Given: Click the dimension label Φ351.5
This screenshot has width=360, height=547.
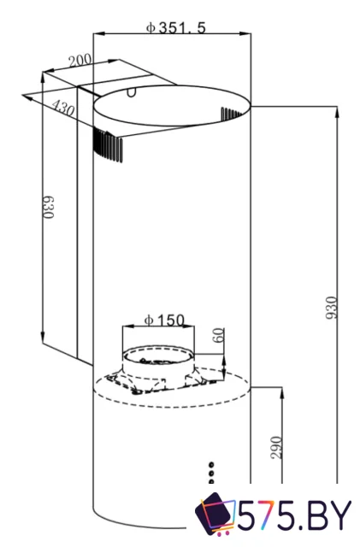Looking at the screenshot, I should tap(175, 26).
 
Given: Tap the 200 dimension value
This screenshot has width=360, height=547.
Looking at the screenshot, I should tap(80, 61).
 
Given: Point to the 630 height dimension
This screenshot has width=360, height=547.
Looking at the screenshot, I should tap(49, 208).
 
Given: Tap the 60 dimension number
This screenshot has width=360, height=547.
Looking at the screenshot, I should tap(217, 334).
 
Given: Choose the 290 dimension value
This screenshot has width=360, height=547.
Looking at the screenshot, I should tap(276, 447).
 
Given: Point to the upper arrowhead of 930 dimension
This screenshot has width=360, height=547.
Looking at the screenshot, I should tap(338, 111).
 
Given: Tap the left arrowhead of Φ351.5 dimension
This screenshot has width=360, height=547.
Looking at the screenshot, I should tap(97, 34).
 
